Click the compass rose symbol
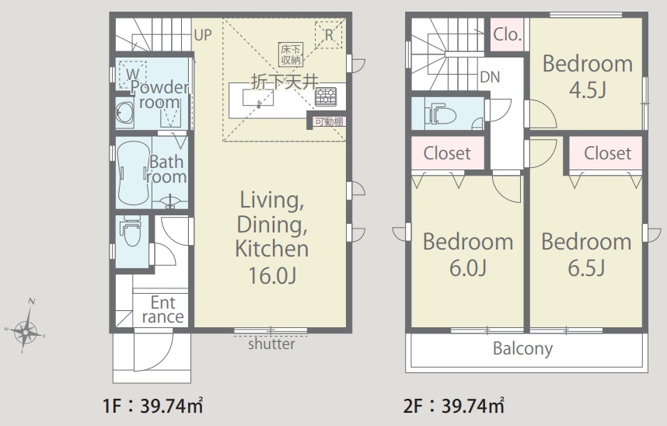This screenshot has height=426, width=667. (x=26, y=330)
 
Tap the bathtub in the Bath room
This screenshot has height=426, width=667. (x=133, y=173)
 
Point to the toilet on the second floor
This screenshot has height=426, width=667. (x=440, y=114)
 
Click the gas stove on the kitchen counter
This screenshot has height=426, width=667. (x=326, y=96)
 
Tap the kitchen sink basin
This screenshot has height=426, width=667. (x=258, y=97)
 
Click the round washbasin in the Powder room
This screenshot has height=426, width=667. (x=124, y=113)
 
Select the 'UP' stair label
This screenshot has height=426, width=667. (x=202, y=35)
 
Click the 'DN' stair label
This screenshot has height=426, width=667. (x=490, y=77)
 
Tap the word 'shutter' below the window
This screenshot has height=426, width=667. (x=271, y=344)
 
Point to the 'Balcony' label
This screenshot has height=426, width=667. (x=523, y=348)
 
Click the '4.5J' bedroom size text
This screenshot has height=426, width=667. (x=588, y=90)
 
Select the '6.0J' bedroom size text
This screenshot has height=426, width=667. (x=468, y=268)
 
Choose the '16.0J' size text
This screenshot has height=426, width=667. (x=272, y=275)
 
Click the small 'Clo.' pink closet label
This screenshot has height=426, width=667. (x=507, y=34)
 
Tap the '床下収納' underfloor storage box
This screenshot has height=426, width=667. (x=291, y=54)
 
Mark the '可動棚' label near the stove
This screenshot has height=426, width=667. (x=329, y=122)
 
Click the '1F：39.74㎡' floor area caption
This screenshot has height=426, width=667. (x=152, y=406)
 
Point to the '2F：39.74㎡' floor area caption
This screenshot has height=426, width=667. (x=454, y=406)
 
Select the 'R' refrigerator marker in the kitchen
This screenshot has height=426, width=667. (x=329, y=35)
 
